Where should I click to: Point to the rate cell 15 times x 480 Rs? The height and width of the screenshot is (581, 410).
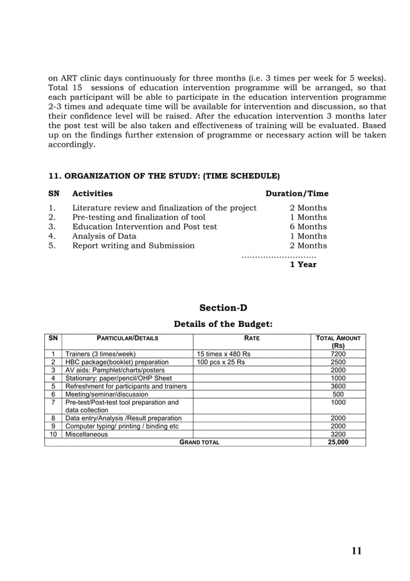(x=224, y=354)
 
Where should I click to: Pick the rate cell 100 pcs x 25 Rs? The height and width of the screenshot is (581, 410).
(x=220, y=362)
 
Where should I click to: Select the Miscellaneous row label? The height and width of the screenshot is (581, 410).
(x=87, y=434)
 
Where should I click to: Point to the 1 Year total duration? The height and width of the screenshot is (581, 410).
(x=303, y=264)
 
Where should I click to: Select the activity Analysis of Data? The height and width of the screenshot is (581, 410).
(x=104, y=236)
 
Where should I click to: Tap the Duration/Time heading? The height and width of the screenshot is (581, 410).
(x=297, y=193)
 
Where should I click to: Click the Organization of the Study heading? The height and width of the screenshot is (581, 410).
(x=164, y=176)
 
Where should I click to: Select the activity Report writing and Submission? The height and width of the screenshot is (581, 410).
(x=133, y=245)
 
